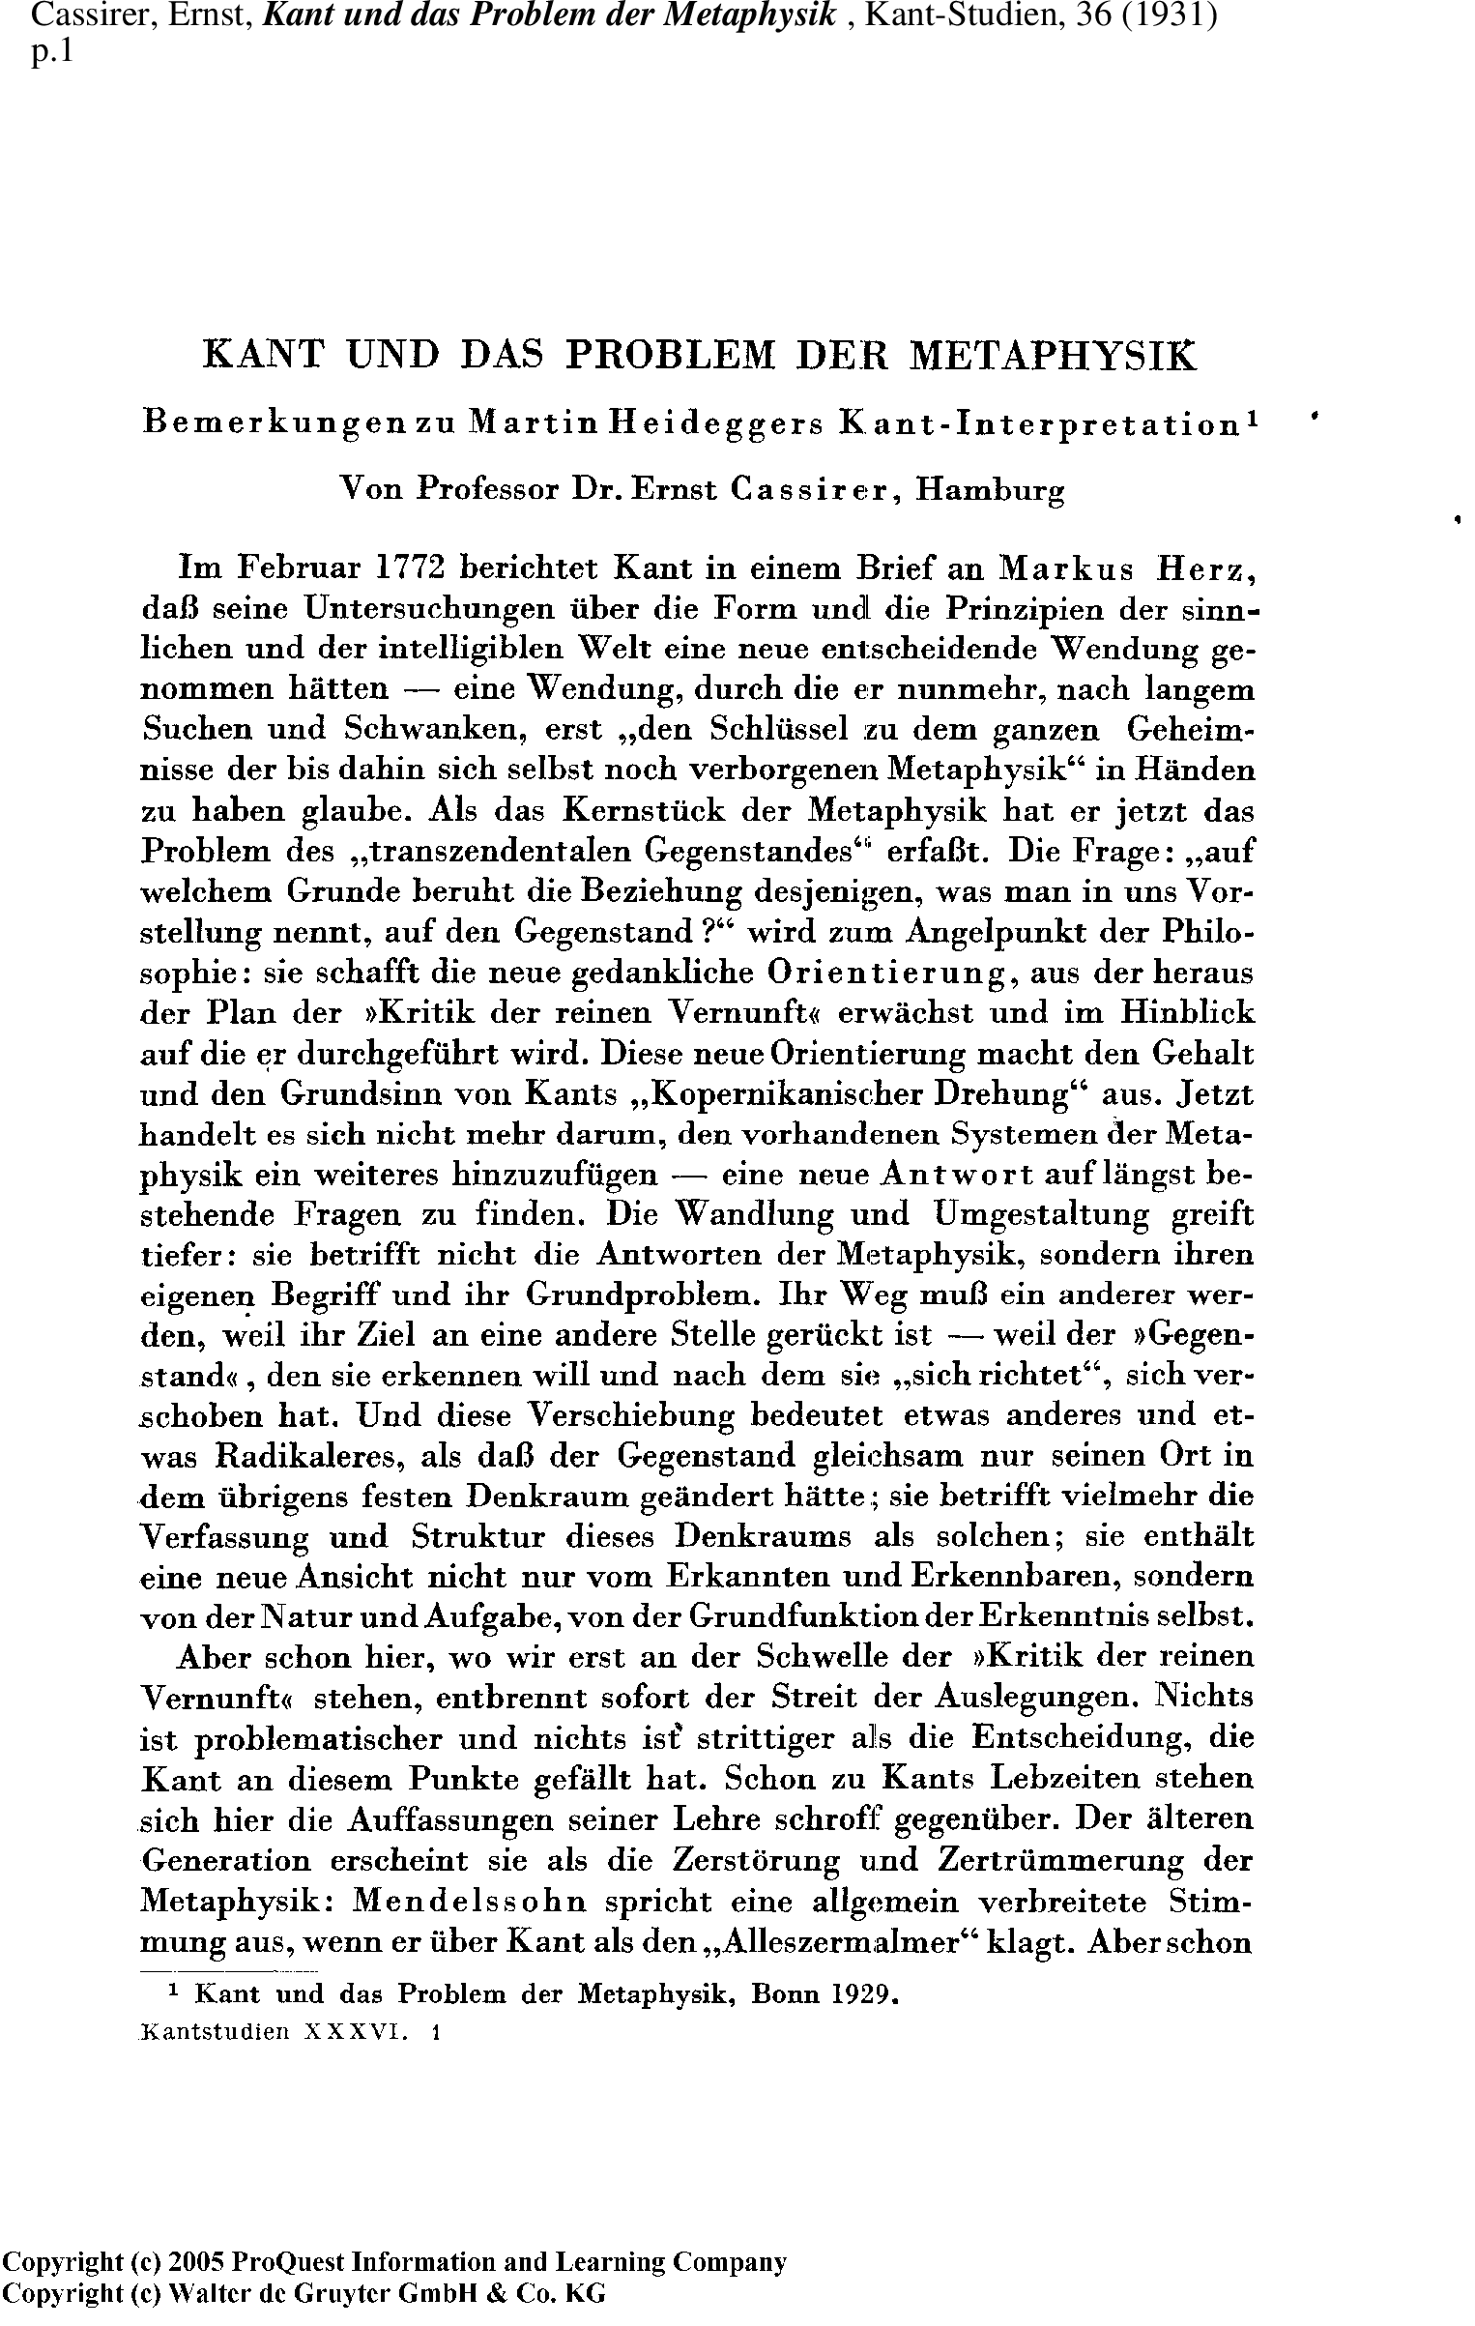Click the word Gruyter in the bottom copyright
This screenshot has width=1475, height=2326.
(x=306, y=2295)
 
